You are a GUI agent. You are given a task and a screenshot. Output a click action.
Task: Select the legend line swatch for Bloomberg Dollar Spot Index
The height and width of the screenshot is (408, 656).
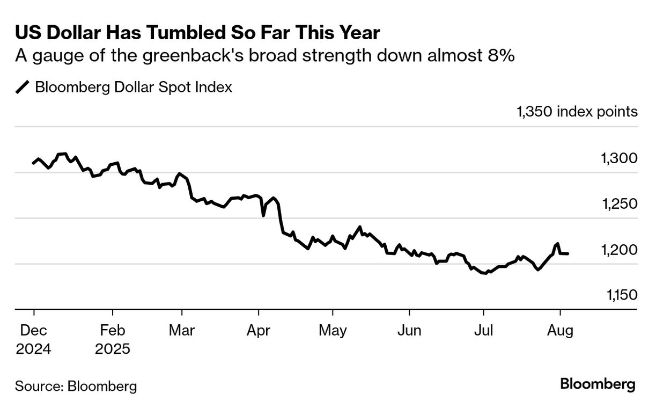click(x=23, y=87)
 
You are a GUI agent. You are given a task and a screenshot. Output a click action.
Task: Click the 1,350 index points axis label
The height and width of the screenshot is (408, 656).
click(x=577, y=112)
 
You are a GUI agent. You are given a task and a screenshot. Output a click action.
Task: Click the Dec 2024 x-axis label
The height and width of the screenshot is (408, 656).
click(x=33, y=340)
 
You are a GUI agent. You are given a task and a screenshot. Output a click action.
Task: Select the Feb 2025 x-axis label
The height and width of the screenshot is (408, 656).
click(x=113, y=340)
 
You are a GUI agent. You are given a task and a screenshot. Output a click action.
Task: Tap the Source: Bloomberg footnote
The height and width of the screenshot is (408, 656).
click(x=76, y=386)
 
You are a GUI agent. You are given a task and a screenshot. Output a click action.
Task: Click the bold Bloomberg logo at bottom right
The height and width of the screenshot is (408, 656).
click(x=598, y=385)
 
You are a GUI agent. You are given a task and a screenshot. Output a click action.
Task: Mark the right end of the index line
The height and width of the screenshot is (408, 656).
click(x=568, y=253)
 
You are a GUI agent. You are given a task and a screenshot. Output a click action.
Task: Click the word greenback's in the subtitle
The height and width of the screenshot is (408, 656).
click(x=207, y=56)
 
